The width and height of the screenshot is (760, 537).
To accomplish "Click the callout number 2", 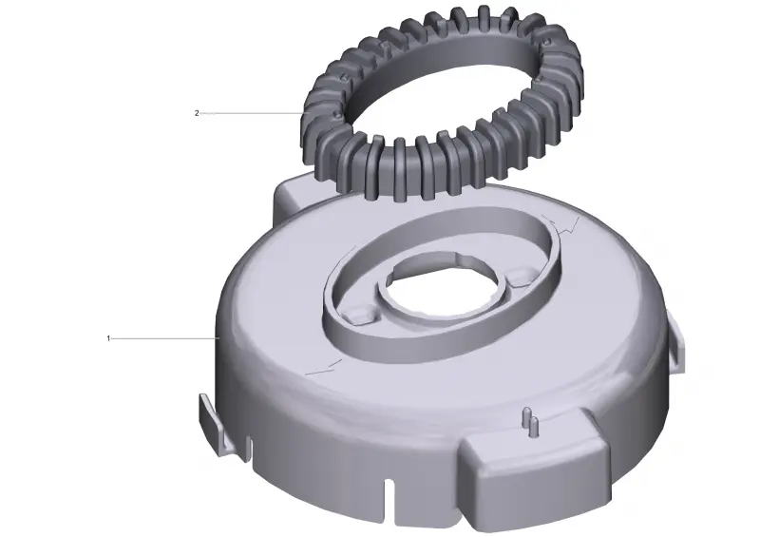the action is point(197,113).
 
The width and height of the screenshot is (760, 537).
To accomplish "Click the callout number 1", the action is point(108,338).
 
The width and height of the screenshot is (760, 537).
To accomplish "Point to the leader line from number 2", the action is point(251,113).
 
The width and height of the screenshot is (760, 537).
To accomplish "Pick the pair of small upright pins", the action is point(529,420).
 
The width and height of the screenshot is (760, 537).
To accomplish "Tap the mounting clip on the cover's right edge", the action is point(677,343).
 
